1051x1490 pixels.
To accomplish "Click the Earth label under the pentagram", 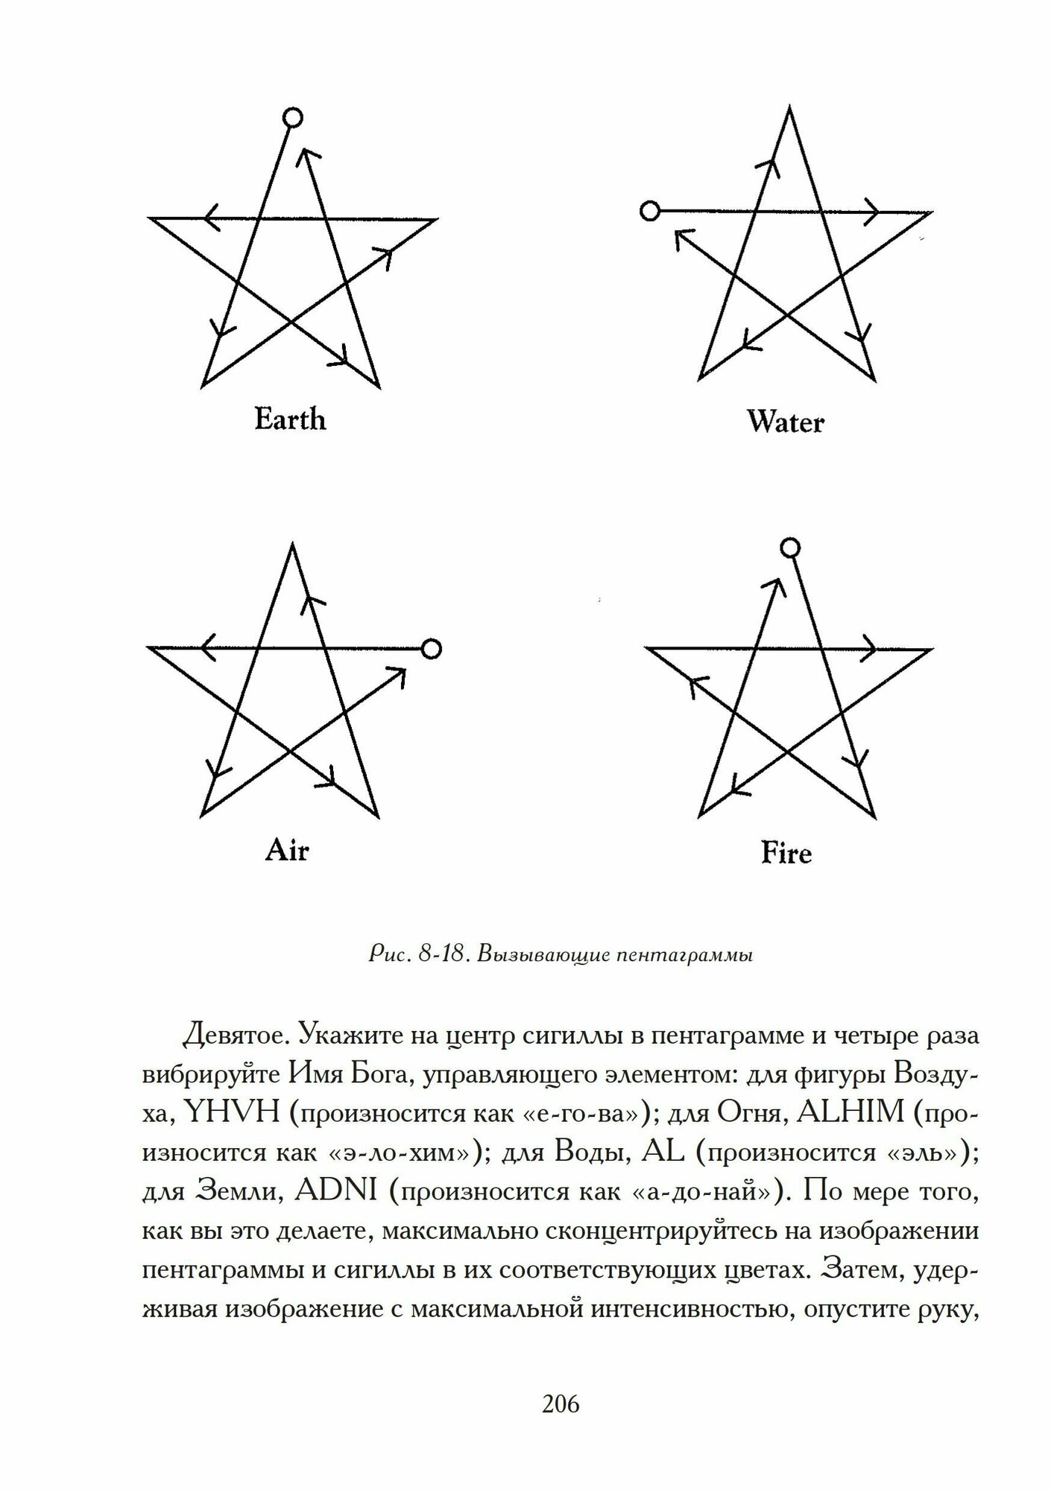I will (x=290, y=420).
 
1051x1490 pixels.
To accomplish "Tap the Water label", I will (x=785, y=423).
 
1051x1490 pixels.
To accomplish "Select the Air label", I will (x=286, y=851).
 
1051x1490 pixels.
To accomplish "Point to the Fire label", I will (x=786, y=853).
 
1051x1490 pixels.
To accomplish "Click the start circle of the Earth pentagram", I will (x=293, y=118).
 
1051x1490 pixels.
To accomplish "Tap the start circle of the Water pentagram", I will (x=650, y=212).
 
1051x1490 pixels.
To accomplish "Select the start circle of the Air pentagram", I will (x=431, y=648).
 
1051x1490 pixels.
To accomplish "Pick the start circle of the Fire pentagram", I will (x=789, y=548).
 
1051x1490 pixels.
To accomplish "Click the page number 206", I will (x=561, y=1404).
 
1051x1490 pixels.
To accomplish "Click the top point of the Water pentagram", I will (x=789, y=108).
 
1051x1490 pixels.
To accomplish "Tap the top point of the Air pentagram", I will (x=292, y=544).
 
